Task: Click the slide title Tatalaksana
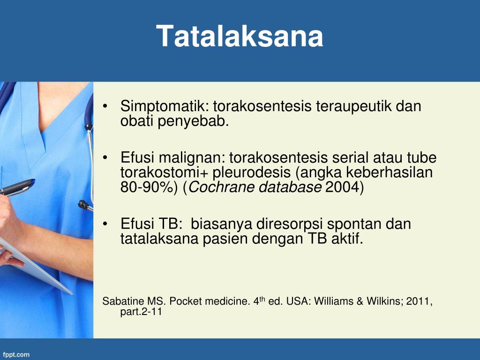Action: pyautogui.click(x=240, y=36)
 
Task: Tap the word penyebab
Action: pyautogui.click(x=193, y=121)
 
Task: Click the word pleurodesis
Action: pyautogui.click(x=252, y=172)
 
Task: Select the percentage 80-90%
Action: pyautogui.click(x=149, y=187)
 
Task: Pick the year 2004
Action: pyautogui.click(x=342, y=187)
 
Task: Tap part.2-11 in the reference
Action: pyautogui.click(x=141, y=312)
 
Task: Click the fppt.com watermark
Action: pyautogui.click(x=16, y=355)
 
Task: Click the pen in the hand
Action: pyautogui.click(x=17, y=187)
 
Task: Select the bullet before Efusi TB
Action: pyautogui.click(x=105, y=225)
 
